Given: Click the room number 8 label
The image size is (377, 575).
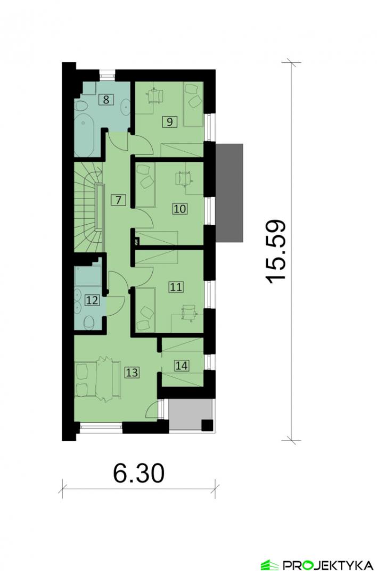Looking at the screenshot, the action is (x=106, y=100).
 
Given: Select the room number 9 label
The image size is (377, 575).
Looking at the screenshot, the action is (x=169, y=121).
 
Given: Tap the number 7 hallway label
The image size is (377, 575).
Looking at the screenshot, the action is (x=118, y=200).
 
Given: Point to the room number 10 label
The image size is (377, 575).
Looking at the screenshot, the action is (x=180, y=209).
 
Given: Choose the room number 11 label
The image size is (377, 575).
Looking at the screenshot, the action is (x=176, y=287).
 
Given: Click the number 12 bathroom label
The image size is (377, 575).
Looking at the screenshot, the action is (x=92, y=301).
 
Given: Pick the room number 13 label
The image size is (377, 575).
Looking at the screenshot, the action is (x=132, y=373).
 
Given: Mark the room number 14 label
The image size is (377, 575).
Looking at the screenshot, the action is (x=182, y=365).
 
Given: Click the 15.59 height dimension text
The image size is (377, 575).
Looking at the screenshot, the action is (x=275, y=251).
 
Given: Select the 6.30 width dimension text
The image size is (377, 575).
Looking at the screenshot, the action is (x=138, y=473).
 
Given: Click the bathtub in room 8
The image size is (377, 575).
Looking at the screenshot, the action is (x=85, y=137).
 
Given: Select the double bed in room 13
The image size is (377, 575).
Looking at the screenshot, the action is (x=98, y=380).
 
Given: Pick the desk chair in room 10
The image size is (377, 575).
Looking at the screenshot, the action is (x=183, y=178).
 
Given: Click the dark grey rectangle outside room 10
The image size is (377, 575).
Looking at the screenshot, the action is (x=229, y=193).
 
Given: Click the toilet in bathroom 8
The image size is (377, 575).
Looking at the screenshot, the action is (x=81, y=106).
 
